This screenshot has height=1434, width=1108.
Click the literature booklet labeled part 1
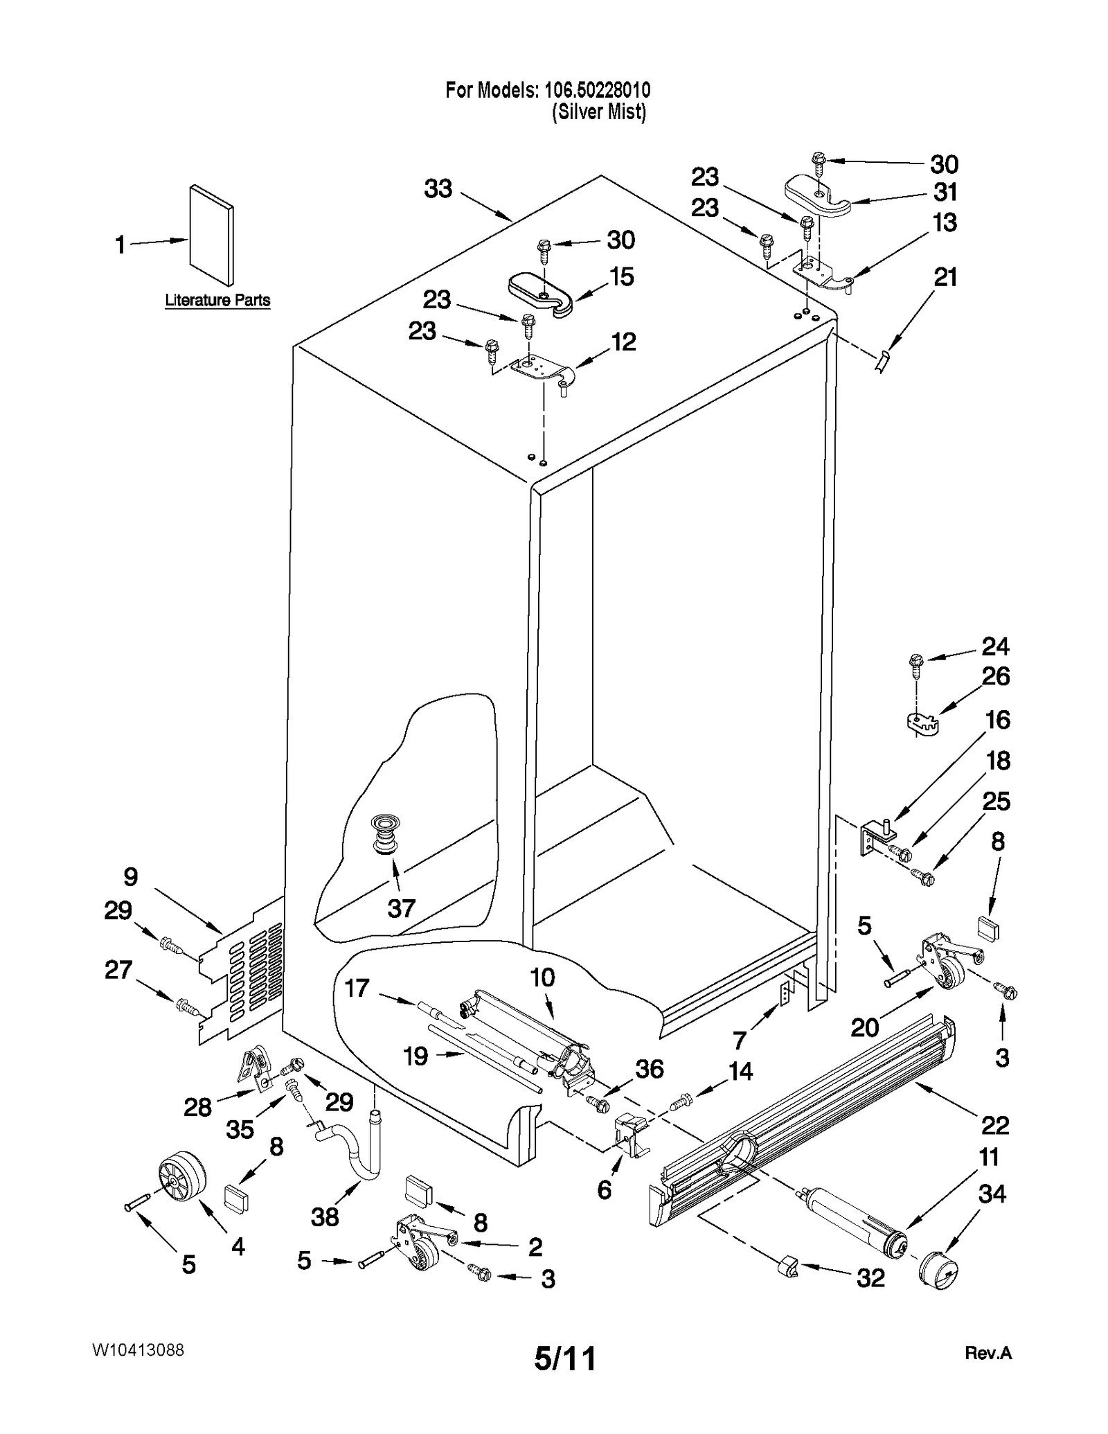point(211,236)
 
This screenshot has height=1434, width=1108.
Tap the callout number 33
point(438,188)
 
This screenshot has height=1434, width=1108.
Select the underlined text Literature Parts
point(217,301)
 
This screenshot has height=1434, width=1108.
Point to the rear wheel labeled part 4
point(182,1177)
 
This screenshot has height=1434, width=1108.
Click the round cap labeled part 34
point(938,1271)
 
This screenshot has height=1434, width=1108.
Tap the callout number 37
point(402,908)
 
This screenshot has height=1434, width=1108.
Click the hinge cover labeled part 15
point(540,293)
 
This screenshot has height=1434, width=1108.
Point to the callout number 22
point(995,1125)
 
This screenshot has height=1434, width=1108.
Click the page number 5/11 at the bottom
point(565,1358)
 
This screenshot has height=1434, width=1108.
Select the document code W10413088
point(138,1349)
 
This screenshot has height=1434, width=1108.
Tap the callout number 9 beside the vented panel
point(131,877)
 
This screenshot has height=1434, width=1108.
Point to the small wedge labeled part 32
point(787,1267)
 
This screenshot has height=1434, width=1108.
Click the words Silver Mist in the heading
point(599,112)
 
